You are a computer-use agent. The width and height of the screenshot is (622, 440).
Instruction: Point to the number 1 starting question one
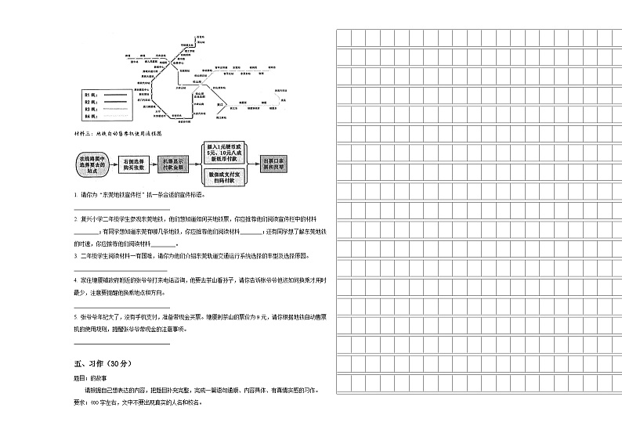[75, 194]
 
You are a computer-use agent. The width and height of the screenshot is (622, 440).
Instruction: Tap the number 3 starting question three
[75, 257]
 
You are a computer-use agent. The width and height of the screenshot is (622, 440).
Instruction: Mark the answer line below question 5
[121, 342]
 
